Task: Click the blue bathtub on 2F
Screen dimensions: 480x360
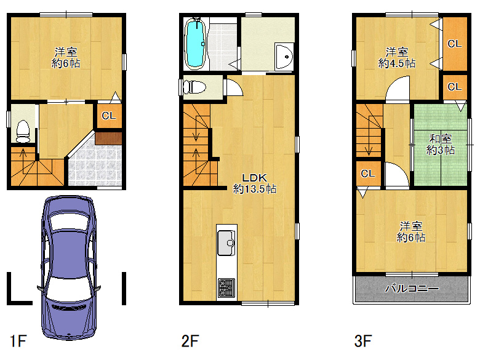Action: tap(195, 43)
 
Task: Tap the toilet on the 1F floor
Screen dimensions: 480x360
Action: tap(23, 132)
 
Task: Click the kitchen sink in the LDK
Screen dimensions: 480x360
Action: tap(226, 242)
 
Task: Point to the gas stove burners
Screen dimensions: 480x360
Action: tap(226, 288)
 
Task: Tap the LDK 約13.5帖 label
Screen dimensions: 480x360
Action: tap(255, 183)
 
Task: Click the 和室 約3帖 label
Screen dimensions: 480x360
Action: tap(441, 145)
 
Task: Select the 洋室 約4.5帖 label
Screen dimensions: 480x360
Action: tap(397, 58)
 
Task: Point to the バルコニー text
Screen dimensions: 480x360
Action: tap(412, 289)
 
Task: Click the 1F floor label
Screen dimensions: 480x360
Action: tap(18, 341)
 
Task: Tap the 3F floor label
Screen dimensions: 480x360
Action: tap(362, 341)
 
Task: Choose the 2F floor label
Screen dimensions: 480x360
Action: tap(190, 341)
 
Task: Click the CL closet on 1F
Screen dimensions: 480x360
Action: tap(110, 116)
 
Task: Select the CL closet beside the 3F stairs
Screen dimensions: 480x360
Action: tap(368, 174)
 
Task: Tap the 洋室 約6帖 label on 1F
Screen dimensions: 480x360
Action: tap(66, 58)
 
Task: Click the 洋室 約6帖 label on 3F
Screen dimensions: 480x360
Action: tap(411, 232)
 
